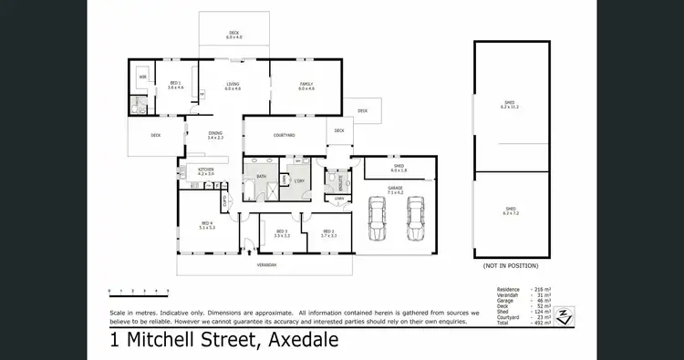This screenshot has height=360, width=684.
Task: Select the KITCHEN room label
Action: [x=206, y=171]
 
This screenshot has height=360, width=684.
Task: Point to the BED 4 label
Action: [x=206, y=226]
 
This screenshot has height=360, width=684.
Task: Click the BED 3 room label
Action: [x=282, y=233]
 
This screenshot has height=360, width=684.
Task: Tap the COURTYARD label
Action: [x=285, y=136]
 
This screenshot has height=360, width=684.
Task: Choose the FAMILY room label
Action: [x=306, y=87]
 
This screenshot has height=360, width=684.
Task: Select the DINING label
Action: [x=215, y=135]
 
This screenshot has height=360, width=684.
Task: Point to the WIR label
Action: [x=143, y=77]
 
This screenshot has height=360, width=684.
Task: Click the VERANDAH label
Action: [x=266, y=264]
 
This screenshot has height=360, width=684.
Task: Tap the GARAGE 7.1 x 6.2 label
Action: [x=395, y=191]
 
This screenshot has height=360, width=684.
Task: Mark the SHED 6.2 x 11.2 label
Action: [x=510, y=105]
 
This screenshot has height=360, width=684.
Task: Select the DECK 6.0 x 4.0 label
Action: [x=234, y=36]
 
